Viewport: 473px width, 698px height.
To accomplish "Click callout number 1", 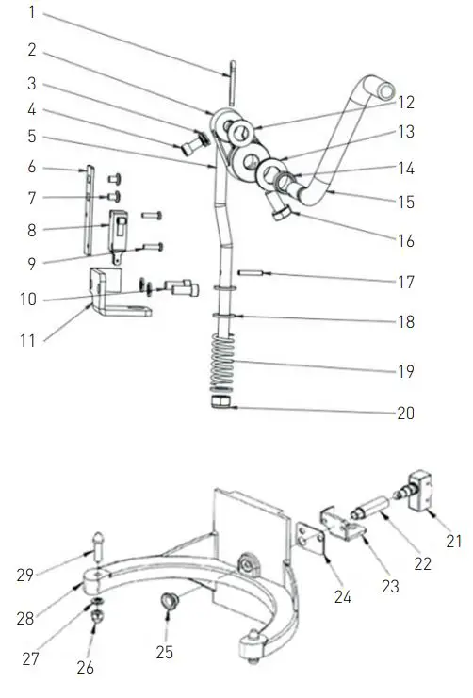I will [x=31, y=12].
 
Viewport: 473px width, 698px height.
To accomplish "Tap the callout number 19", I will [x=406, y=371].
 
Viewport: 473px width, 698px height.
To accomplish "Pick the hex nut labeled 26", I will [x=98, y=617].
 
